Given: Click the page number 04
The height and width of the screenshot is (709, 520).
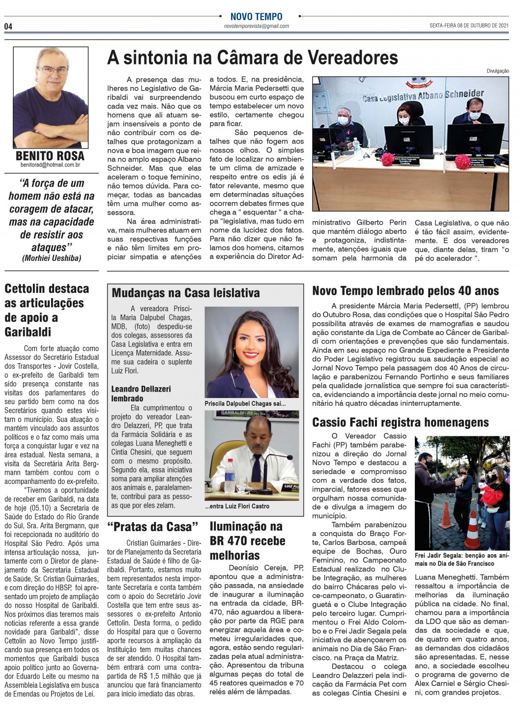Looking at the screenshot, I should pyautogui.click(x=8, y=26).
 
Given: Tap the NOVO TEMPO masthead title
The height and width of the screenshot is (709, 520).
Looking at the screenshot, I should pyautogui.click(x=256, y=17).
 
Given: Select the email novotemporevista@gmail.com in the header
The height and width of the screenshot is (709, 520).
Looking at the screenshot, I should pyautogui.click(x=256, y=26).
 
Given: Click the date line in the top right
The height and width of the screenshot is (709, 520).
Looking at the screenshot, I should pyautogui.click(x=469, y=26).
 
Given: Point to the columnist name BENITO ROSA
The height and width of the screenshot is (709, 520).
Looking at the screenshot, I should pyautogui.click(x=50, y=156).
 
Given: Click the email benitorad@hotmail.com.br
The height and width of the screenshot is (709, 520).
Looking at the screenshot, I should pyautogui.click(x=50, y=165).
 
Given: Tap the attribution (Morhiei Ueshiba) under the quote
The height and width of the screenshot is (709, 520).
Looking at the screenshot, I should pyautogui.click(x=52, y=258).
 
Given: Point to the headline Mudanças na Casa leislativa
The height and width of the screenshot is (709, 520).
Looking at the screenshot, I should pyautogui.click(x=186, y=293).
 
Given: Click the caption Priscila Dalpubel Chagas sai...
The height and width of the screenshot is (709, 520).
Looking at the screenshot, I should pyautogui.click(x=245, y=403).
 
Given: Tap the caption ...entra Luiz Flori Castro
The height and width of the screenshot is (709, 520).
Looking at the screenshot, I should pyautogui.click(x=237, y=506).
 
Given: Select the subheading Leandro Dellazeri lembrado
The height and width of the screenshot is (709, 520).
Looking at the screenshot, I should pyautogui.click(x=141, y=394).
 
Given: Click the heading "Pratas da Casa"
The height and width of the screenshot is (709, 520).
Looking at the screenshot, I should pyautogui.click(x=153, y=527).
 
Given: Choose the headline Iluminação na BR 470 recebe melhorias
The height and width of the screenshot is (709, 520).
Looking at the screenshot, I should pyautogui.click(x=247, y=540).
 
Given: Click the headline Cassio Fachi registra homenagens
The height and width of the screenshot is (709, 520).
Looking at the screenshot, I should pyautogui.click(x=401, y=423).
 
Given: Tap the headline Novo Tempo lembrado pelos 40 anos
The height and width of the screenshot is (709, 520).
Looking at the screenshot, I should pyautogui.click(x=405, y=291).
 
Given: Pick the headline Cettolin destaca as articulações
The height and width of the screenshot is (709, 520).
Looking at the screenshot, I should pyautogui.click(x=47, y=310).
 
